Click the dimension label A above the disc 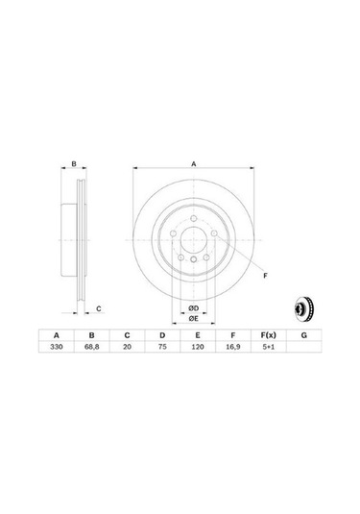click(193, 164)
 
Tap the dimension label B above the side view click(75, 164)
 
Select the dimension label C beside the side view click(98, 307)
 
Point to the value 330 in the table click(57, 353)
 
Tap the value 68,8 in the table click(92, 353)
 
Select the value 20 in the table click(127, 353)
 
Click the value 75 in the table click(162, 353)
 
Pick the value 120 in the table click(198, 353)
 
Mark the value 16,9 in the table click(232, 353)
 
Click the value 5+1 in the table click(268, 353)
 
